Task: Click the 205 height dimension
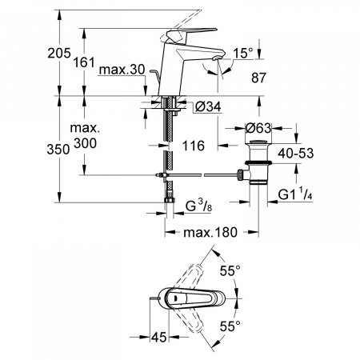[x=59, y=53]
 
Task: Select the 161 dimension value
[x=84, y=62]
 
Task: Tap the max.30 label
[x=122, y=70]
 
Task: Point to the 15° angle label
[x=243, y=53]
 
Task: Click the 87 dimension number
[x=258, y=78]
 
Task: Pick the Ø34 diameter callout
[x=208, y=107]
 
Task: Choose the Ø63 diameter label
[x=258, y=128]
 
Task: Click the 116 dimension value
[x=194, y=146]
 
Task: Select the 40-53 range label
[x=296, y=154]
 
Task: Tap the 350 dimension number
[x=58, y=149]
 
